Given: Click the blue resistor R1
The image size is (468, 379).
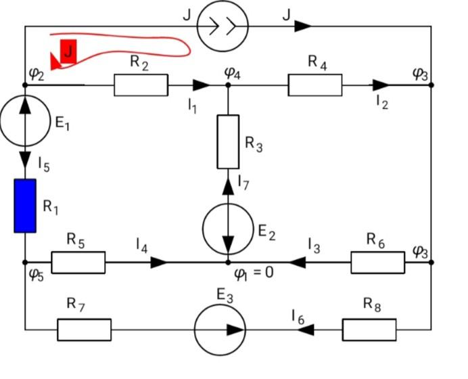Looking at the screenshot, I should pos(25,206).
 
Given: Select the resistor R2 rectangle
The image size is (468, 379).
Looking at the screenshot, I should pos(141,85).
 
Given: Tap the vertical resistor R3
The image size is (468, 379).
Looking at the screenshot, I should pos(228,141).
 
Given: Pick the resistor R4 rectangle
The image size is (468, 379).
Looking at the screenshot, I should pos(315,85).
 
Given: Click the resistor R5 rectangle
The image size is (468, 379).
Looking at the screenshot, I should pos(78,262).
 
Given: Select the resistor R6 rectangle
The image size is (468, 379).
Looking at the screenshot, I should pos(377,262).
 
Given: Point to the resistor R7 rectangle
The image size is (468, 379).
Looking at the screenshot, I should pos(84,330).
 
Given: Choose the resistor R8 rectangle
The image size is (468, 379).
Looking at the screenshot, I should pos(369,330).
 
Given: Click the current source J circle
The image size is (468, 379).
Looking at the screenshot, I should pos(223,26).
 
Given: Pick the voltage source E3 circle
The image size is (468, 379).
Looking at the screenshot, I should pos(220,330).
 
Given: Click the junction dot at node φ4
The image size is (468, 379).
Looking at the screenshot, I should pos(228,85).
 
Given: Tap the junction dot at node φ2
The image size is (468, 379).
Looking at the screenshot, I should pos(25,85).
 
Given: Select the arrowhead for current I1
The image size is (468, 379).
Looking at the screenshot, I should pos(200,85).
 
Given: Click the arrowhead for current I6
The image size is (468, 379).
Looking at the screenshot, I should pos(306,330).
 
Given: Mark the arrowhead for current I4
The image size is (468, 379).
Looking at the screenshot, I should pos(159,262).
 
